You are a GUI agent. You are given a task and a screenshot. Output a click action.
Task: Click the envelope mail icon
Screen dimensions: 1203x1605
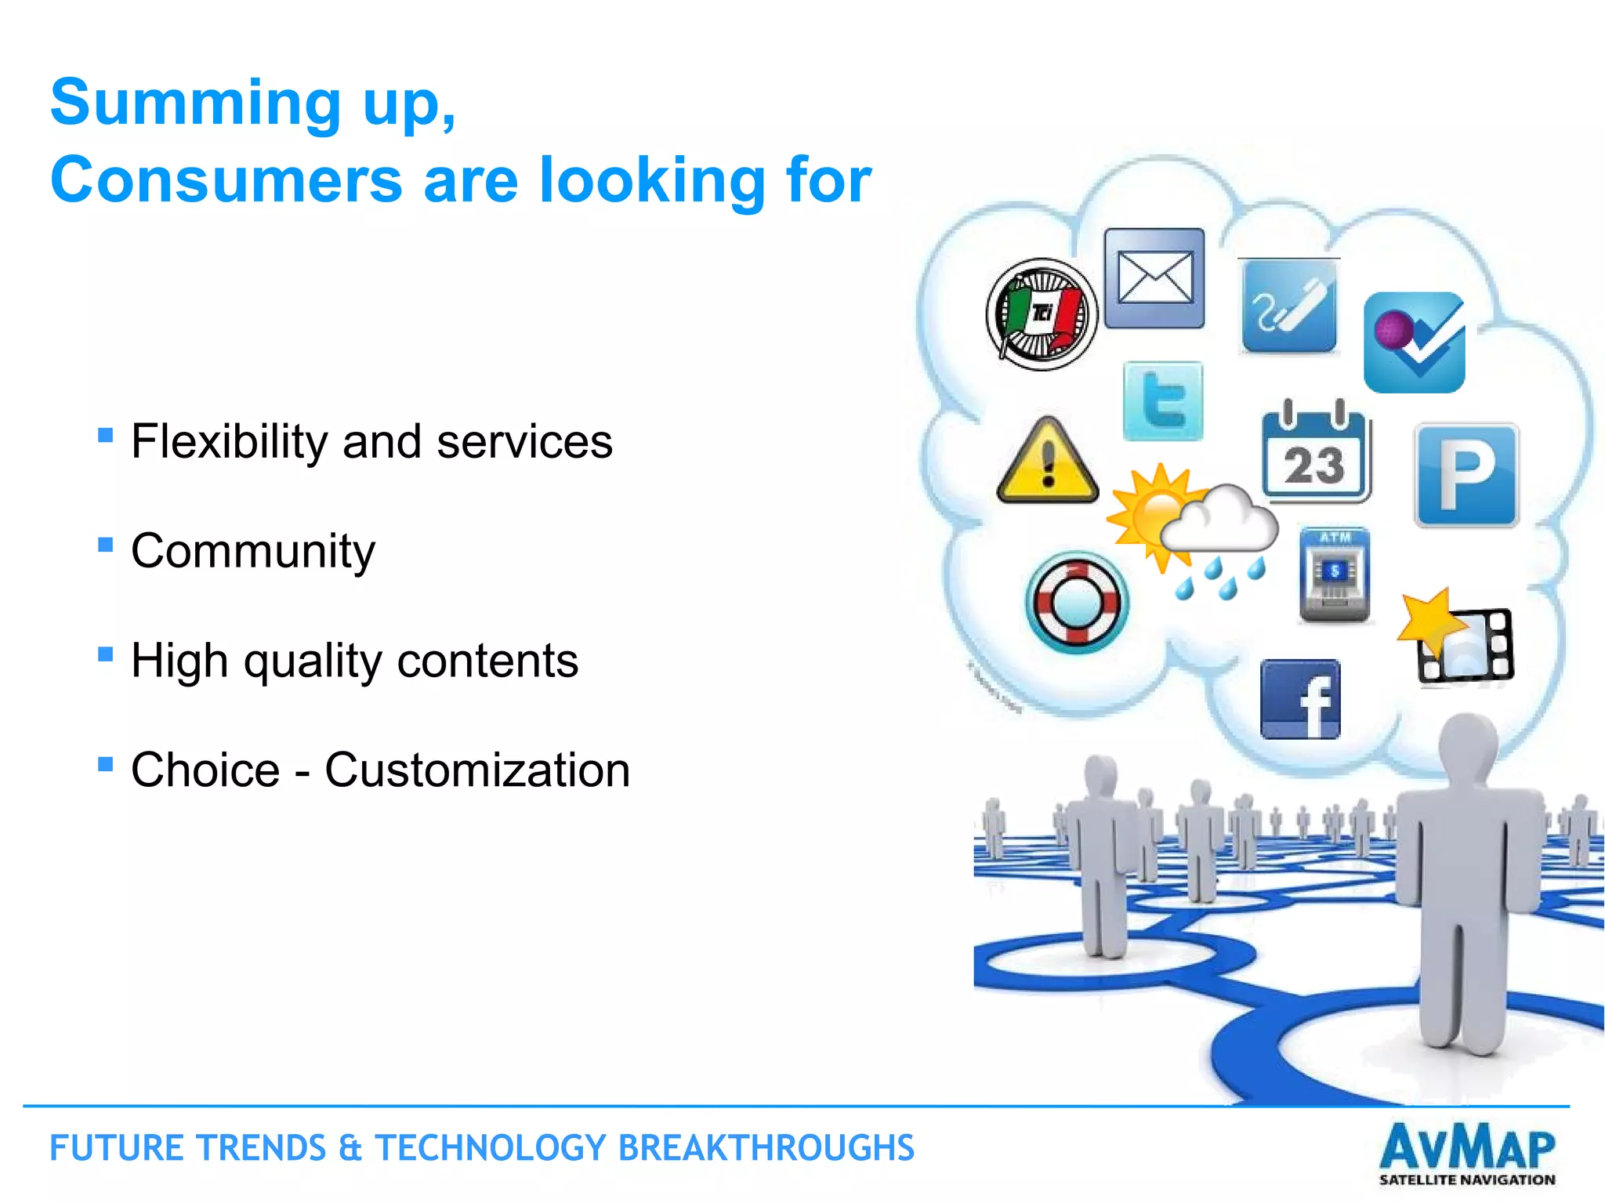[x=1154, y=278]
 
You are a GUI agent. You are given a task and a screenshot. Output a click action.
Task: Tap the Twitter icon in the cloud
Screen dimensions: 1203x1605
[x=1163, y=400]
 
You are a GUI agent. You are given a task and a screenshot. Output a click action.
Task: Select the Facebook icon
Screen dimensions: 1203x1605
[x=1300, y=699]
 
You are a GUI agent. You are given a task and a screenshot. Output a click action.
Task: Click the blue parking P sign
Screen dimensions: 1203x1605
[x=1466, y=475]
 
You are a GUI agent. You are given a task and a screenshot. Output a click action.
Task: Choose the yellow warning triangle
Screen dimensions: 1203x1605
[x=1048, y=462]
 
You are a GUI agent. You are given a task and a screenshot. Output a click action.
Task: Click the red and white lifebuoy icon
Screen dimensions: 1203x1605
[x=1077, y=602]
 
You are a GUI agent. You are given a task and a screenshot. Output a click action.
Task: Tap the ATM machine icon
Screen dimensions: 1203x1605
[x=1335, y=575]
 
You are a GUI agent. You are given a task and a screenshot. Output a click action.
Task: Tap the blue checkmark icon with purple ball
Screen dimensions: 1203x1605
[x=1415, y=343]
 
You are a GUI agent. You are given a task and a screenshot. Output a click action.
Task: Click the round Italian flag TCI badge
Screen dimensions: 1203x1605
[x=1042, y=314]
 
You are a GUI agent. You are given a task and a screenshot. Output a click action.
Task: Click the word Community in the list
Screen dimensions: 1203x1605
[x=253, y=551]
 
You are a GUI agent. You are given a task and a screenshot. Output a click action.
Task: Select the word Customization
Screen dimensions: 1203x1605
[x=477, y=770]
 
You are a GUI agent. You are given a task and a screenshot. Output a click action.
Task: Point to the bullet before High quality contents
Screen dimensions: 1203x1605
[x=106, y=654]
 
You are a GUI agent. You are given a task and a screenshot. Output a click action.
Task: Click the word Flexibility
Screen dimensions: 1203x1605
[x=229, y=441]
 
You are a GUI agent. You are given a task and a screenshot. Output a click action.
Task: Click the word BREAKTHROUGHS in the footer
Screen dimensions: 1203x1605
[x=766, y=1148]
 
